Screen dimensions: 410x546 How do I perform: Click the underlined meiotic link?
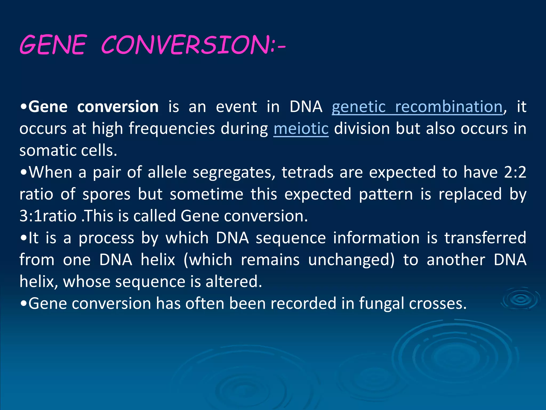pyautogui.click(x=301, y=129)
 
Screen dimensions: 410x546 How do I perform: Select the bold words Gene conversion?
pyautogui.click(x=93, y=107)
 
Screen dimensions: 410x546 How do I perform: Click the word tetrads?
pyautogui.click(x=307, y=172)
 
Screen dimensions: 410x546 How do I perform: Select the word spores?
pyautogui.click(x=106, y=194)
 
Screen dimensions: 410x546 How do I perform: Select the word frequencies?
pyautogui.click(x=172, y=129)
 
